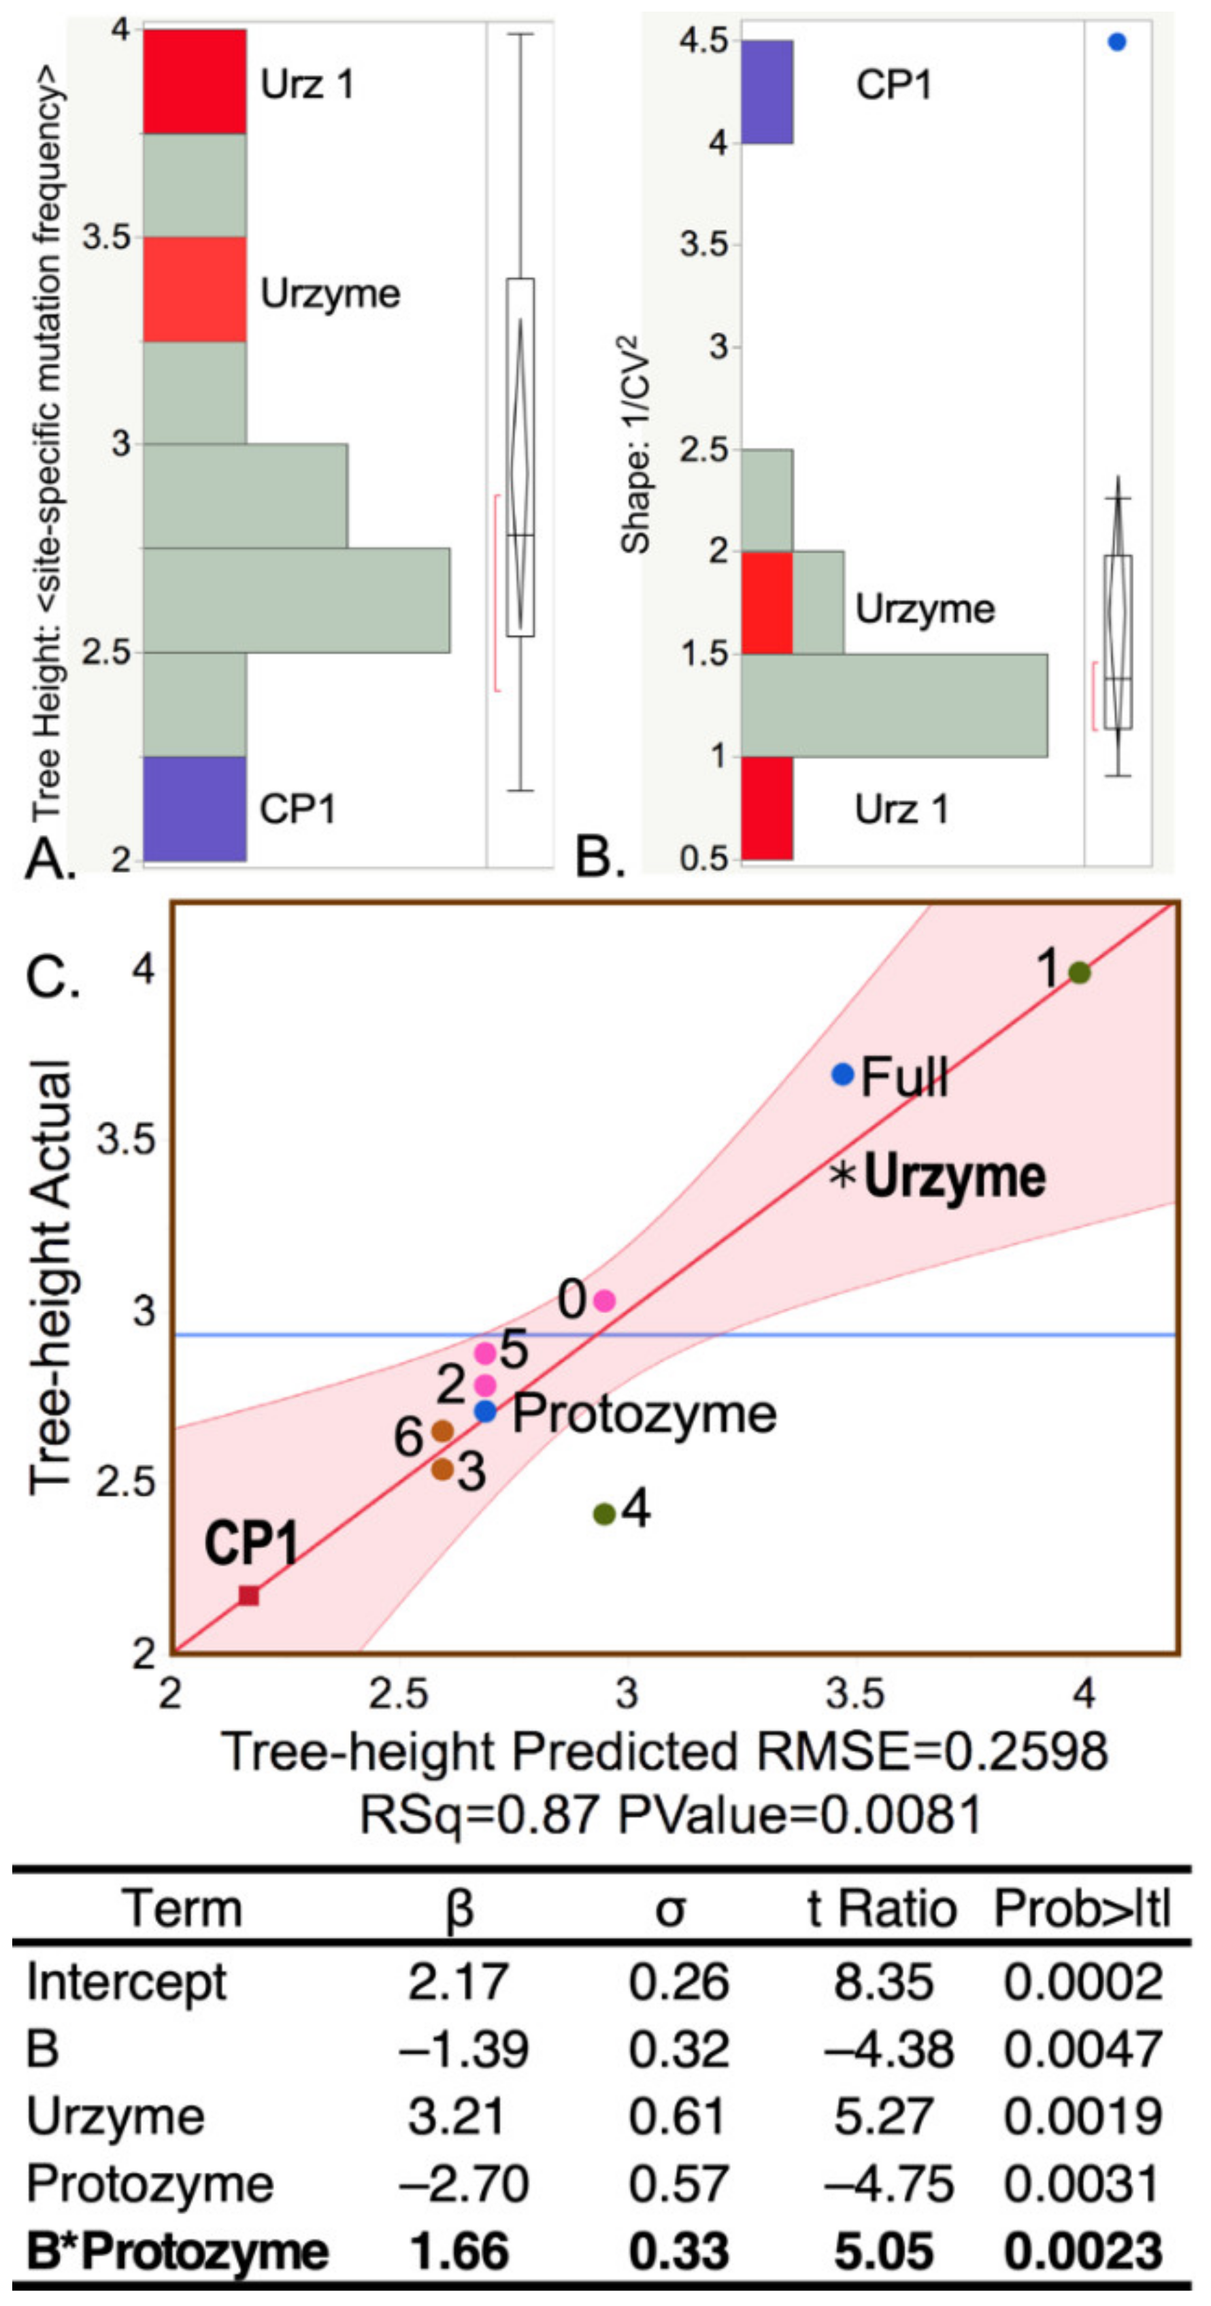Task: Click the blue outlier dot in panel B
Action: click(x=1116, y=42)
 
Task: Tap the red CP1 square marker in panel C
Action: click(x=249, y=1595)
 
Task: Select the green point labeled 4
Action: click(x=604, y=1514)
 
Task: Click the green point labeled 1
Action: click(x=1080, y=972)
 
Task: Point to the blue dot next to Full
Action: click(x=842, y=1074)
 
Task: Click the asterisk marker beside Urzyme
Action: click(x=843, y=1174)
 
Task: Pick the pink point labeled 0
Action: click(x=604, y=1301)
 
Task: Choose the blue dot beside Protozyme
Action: click(x=485, y=1412)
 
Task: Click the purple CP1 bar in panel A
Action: click(x=195, y=808)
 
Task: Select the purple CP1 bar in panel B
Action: click(x=767, y=91)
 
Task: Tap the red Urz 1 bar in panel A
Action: click(x=195, y=82)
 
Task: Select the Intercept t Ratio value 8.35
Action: click(x=883, y=1982)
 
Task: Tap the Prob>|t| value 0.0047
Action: click(x=1082, y=2049)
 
